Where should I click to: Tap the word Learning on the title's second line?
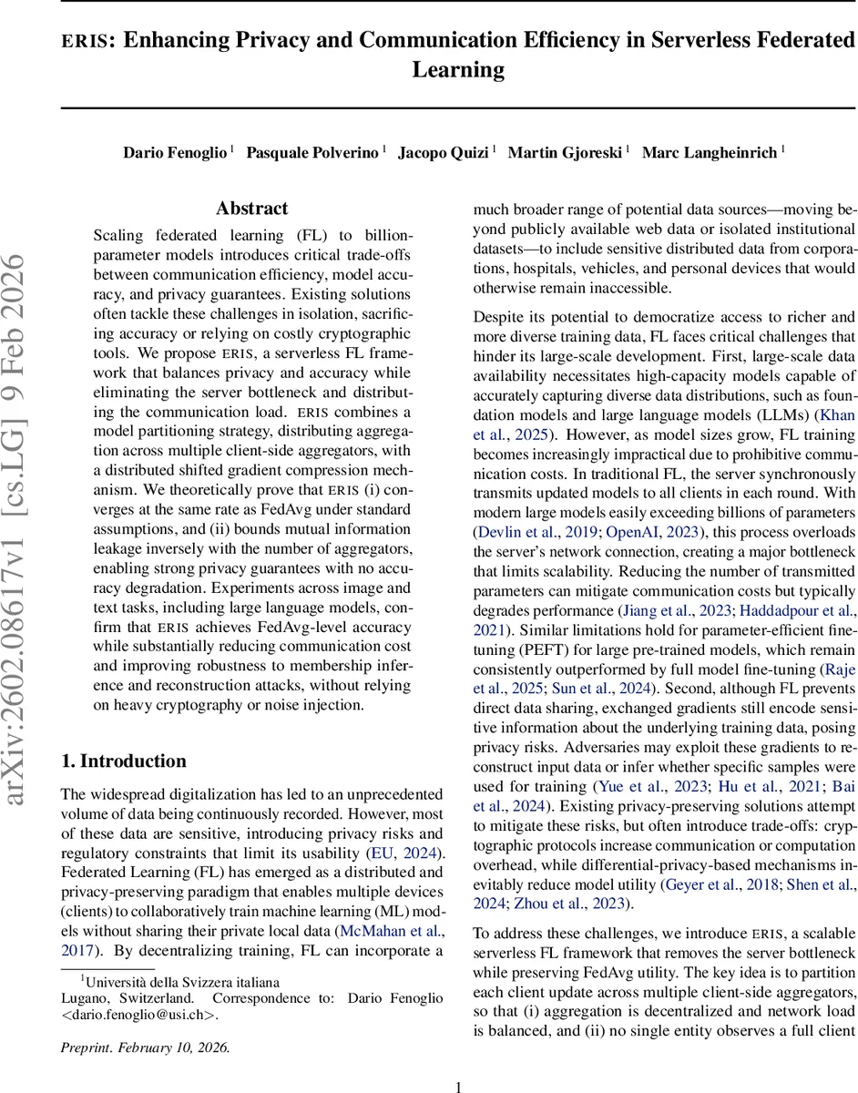click(x=458, y=70)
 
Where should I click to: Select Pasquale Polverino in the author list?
click(x=312, y=152)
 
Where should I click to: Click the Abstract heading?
click(x=251, y=209)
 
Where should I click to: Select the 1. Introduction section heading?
click(x=123, y=761)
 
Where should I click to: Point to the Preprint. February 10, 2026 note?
click(x=145, y=1047)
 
